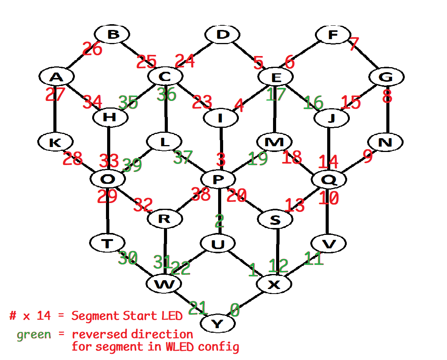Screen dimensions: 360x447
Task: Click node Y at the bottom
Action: pos(217,324)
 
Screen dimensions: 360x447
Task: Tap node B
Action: pos(113,35)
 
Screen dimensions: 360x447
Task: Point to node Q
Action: pos(329,179)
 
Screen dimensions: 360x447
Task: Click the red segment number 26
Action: pos(93,49)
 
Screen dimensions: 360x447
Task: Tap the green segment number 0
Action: pos(235,309)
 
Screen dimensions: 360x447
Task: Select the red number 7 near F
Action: pos(354,44)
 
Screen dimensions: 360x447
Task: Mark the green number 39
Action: pos(132,165)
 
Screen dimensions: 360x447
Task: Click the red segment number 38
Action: pos(201,195)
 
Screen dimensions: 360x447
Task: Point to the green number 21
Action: pos(198,308)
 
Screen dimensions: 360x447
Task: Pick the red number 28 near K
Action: pos(73,159)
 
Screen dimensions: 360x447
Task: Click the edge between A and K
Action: pos(55,115)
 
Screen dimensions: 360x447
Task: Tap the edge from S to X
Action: pos(277,249)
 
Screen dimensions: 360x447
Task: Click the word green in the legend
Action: pos(34,334)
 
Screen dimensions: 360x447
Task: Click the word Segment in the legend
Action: pos(95,316)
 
